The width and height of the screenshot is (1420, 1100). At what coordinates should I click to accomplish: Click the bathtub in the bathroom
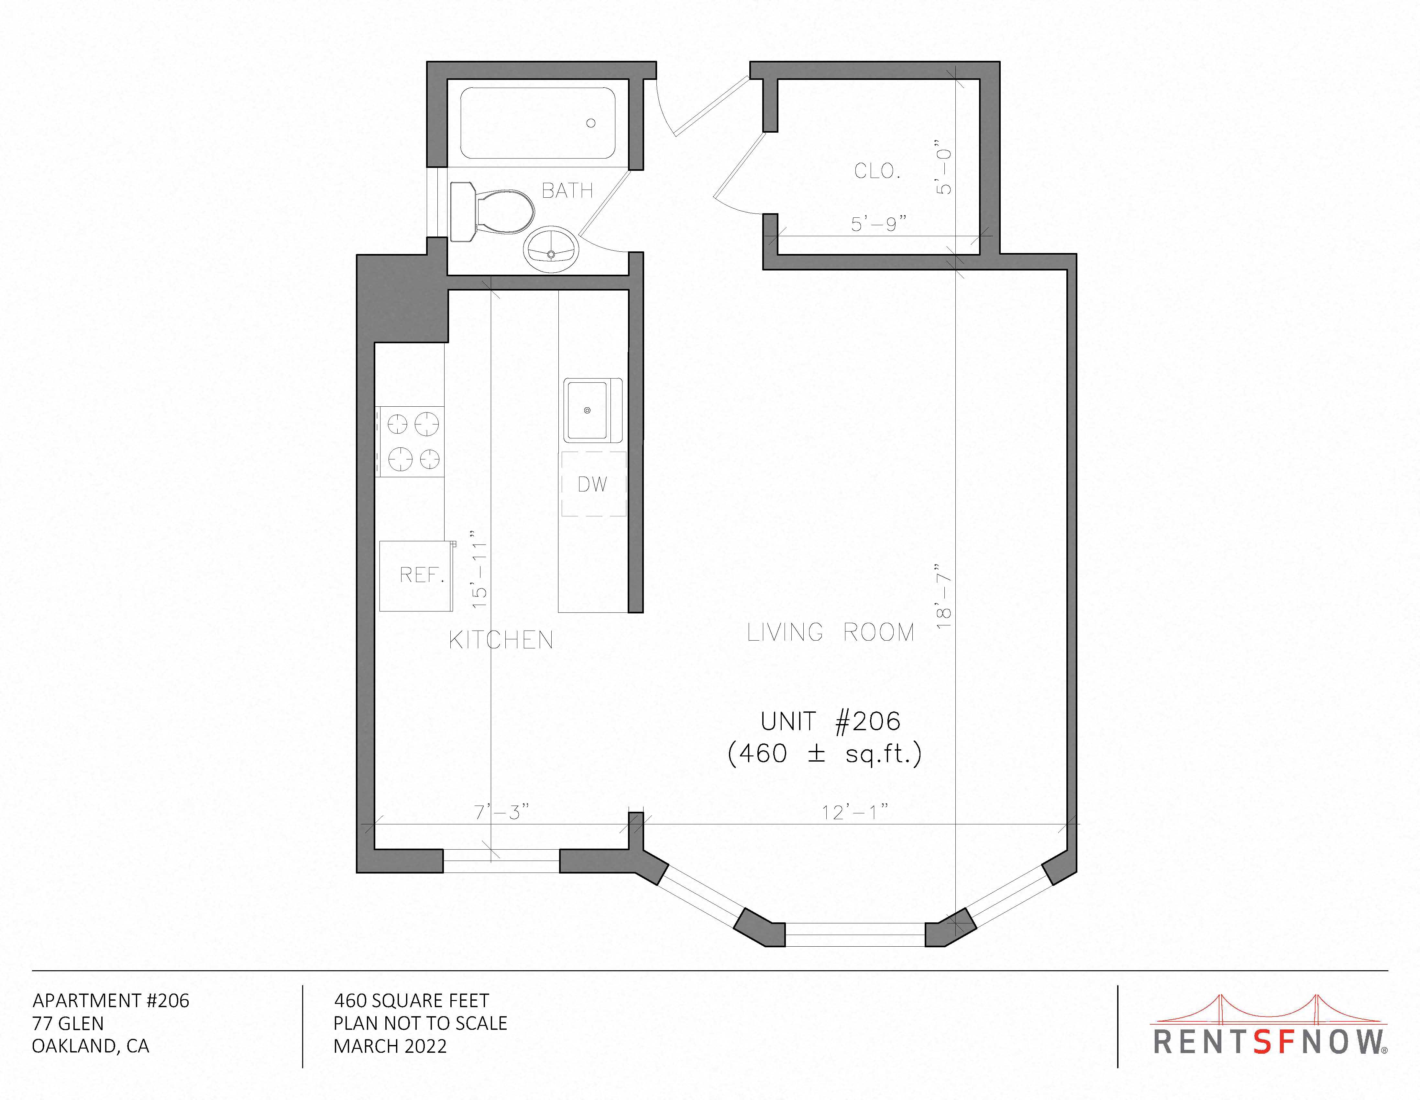[x=538, y=123]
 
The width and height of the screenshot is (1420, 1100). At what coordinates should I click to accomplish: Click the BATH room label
[x=567, y=191]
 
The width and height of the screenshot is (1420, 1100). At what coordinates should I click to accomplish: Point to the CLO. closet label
[x=877, y=171]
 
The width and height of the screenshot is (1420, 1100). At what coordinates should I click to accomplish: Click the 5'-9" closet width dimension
[x=878, y=224]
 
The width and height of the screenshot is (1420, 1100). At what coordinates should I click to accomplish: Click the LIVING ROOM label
[x=830, y=632]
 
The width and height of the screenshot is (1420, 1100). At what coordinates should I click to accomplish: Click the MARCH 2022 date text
[x=390, y=1046]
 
